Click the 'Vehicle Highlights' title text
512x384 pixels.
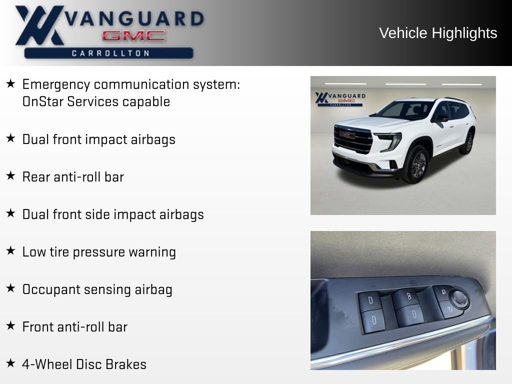(438, 33)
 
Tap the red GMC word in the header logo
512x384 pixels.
(133, 36)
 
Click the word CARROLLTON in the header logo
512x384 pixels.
(110, 53)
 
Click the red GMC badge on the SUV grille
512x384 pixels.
(347, 134)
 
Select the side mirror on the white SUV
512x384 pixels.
(440, 118)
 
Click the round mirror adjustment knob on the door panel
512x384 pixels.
(458, 298)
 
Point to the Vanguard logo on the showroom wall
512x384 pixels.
(340, 98)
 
